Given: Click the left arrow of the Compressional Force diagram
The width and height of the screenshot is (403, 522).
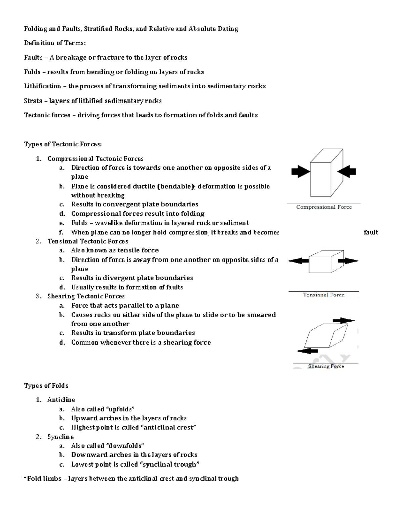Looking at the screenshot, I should click(301, 172).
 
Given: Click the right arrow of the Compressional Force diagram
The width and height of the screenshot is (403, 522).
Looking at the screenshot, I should click(347, 171).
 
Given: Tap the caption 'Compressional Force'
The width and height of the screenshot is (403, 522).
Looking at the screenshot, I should click(324, 207).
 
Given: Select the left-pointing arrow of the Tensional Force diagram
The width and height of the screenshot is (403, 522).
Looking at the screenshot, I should click(299, 260).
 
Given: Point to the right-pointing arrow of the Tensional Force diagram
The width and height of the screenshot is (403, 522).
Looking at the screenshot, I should click(348, 260).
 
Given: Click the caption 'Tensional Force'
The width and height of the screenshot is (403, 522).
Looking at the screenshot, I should click(323, 295).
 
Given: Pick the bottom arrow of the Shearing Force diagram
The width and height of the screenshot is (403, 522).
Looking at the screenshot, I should click(307, 351).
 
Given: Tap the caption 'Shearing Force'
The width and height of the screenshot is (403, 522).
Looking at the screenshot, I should click(326, 366).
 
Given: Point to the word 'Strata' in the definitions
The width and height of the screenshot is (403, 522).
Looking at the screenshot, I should click(33, 101).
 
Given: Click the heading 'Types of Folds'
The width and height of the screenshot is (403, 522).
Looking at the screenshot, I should click(46, 385).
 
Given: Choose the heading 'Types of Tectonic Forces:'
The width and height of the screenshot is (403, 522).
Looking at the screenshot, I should click(62, 144).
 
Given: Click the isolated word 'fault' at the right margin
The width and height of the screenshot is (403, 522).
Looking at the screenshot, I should click(371, 232).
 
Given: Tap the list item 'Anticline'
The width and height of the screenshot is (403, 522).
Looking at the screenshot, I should click(61, 400).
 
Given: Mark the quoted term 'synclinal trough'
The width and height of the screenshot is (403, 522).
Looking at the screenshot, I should click(169, 464).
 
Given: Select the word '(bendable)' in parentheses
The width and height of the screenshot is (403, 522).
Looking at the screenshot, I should click(176, 186).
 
